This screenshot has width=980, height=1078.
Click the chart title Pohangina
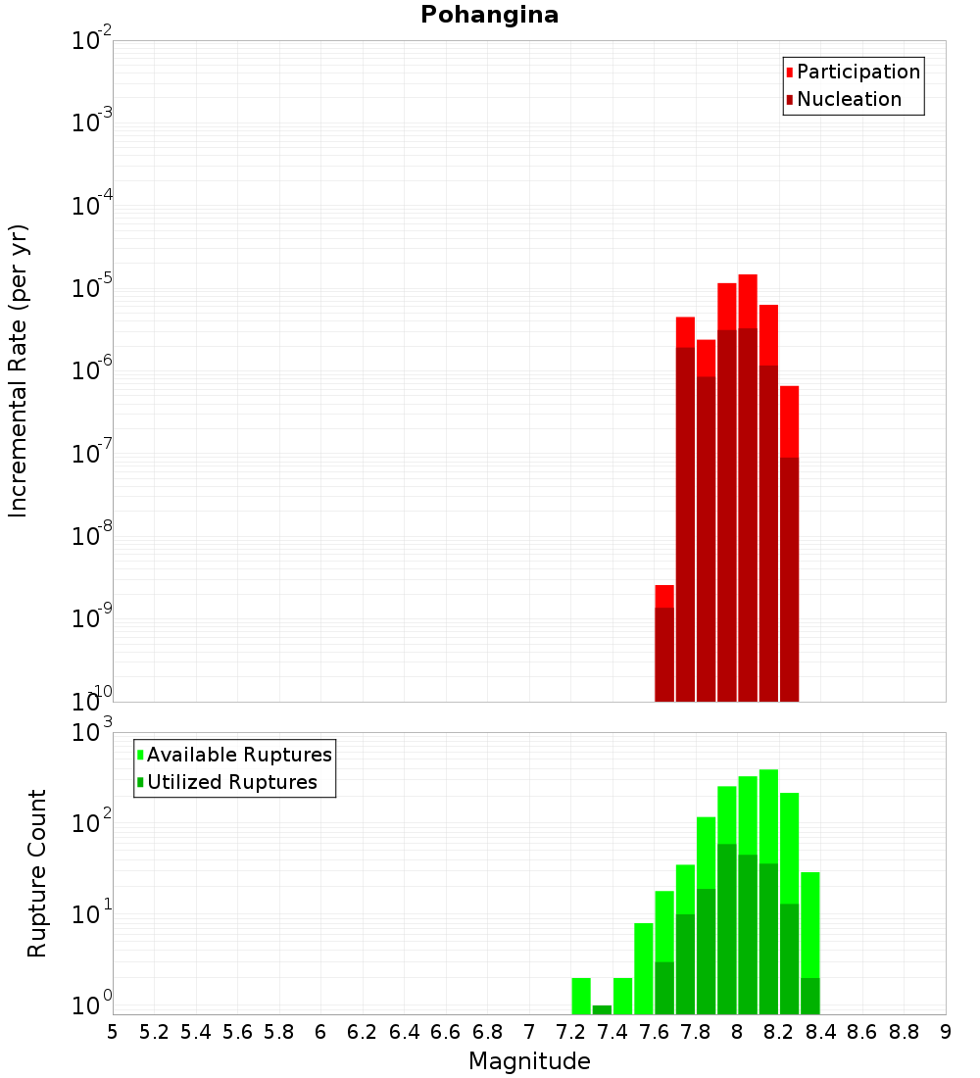coord(489,15)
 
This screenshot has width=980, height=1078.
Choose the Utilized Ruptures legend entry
coord(231,782)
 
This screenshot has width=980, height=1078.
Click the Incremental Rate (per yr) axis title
coord(19,370)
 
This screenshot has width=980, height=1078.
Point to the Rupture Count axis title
coord(37,873)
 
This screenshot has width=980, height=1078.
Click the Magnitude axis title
coord(529,1060)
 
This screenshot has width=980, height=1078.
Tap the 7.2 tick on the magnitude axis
coord(570,1032)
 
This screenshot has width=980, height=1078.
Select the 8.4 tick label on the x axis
coord(820,1032)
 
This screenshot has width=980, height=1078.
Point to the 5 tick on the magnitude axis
coord(113,1032)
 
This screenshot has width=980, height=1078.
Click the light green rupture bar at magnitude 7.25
coord(581,996)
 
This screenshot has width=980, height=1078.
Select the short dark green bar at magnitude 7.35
coord(602,1009)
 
